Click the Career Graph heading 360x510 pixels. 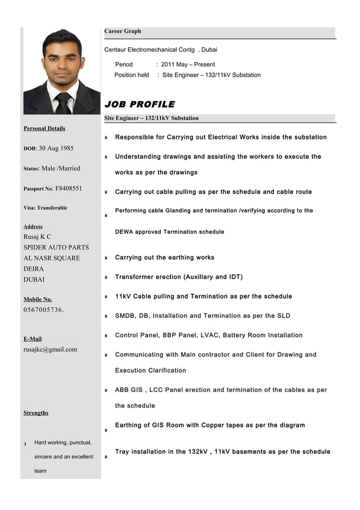pyautogui.click(x=122, y=32)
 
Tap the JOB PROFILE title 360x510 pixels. pyautogui.click(x=139, y=104)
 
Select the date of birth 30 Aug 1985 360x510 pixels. pyautogui.click(x=56, y=149)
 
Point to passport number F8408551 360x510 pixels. pyautogui.click(x=69, y=188)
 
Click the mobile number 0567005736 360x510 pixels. pyautogui.click(x=43, y=310)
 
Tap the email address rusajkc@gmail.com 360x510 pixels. pyautogui.click(x=50, y=349)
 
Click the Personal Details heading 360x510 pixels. pyautogui.click(x=44, y=128)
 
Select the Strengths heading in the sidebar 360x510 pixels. pyautogui.click(x=36, y=413)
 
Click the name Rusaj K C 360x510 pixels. pyautogui.click(x=37, y=237)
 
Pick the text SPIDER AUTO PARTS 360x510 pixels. pyautogui.click(x=56, y=247)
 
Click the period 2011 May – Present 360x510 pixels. pyautogui.click(x=187, y=64)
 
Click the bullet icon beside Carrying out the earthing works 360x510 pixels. pyautogui.click(x=106, y=258)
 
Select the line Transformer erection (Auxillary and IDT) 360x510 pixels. pyautogui.click(x=179, y=277)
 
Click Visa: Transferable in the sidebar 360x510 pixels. pyautogui.click(x=45, y=208)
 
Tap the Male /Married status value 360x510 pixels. pyautogui.click(x=61, y=168)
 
